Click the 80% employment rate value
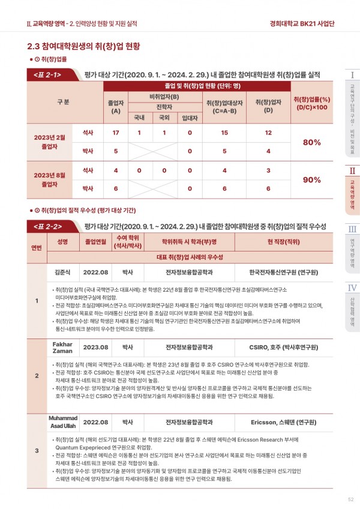[312, 142]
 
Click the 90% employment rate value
[312, 179]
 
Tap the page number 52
[350, 499]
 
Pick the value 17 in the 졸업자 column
[116, 132]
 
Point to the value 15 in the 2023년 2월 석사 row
[223, 132]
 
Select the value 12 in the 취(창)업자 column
[268, 132]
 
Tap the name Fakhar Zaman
[63, 347]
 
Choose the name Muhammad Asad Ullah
[63, 422]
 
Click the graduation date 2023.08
[95, 347]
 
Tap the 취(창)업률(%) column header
[312, 102]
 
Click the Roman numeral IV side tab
[353, 288]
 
